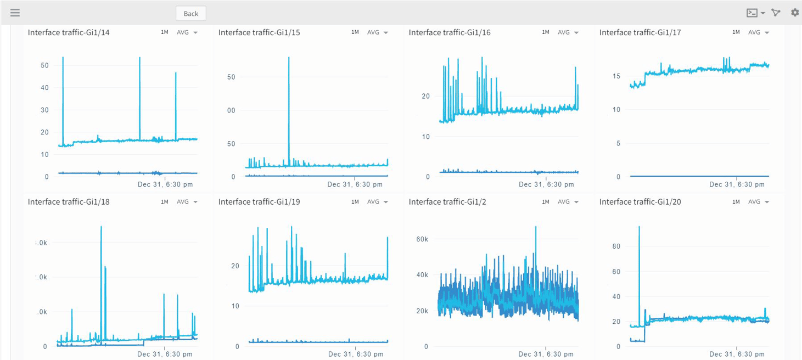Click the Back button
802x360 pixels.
[190, 13]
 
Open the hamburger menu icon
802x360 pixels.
[15, 13]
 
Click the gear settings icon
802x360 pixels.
[794, 13]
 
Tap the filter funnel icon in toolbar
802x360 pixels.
[776, 13]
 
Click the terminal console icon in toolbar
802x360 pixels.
[752, 13]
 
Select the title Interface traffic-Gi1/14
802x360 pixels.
[69, 32]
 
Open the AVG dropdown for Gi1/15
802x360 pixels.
[377, 32]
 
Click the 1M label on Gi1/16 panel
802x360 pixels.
[545, 32]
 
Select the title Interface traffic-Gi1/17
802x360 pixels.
[640, 32]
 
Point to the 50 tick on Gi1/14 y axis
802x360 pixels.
[44, 65]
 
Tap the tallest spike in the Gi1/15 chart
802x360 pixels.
[289, 58]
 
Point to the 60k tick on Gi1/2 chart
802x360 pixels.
[422, 239]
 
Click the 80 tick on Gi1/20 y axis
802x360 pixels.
[616, 246]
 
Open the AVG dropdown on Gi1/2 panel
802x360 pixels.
[568, 202]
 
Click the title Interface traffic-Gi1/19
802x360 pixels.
[259, 202]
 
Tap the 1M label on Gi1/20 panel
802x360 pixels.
[736, 202]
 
